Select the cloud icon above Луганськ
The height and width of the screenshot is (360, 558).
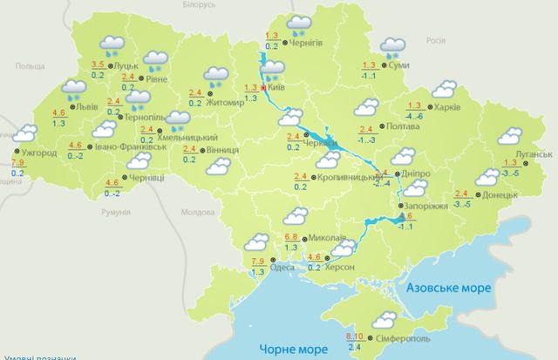click(x=508, y=136)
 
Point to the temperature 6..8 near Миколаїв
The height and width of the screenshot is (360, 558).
click(x=294, y=236)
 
